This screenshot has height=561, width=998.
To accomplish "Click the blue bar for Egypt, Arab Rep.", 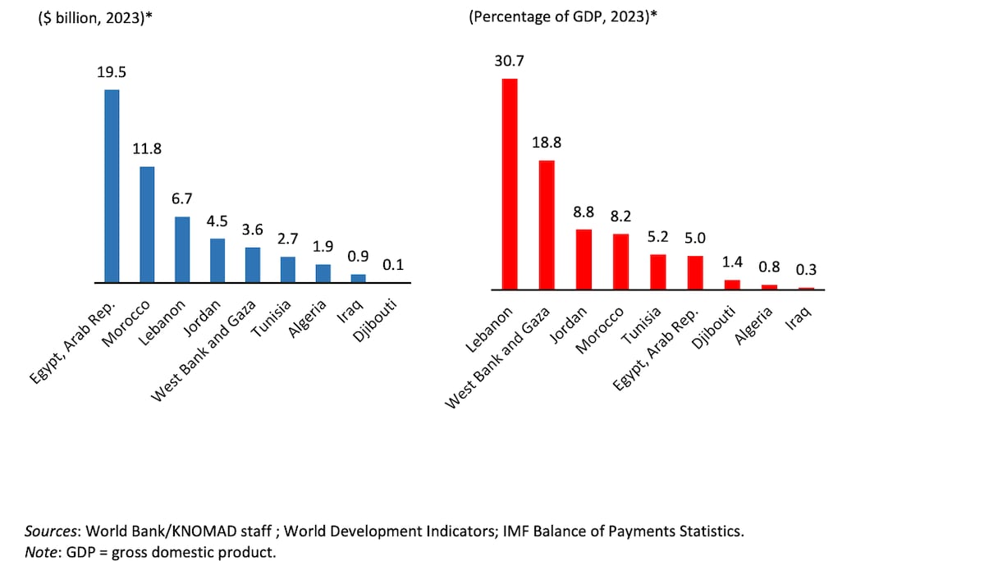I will pos(112,186).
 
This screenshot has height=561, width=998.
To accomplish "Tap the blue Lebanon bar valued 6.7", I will pos(182,249).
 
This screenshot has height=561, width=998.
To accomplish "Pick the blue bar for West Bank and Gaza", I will pos(253,264).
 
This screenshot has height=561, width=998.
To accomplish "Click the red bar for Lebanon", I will pos(510,184).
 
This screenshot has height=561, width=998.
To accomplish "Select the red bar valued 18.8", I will pos(547,225).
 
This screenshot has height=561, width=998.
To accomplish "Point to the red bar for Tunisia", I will pos(658,271).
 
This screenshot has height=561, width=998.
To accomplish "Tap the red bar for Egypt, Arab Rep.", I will pos(695,272).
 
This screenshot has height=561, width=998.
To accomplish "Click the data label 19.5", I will pos(112,72).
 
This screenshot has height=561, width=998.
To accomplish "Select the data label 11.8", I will pos(147,149).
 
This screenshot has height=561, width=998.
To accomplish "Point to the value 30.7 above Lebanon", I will pos(510,61).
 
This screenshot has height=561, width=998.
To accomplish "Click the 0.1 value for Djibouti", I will pos(393,265).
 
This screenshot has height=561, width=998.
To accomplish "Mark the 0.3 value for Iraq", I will pos(806,269).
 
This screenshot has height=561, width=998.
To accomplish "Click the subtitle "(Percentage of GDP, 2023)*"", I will pos(563,16).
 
